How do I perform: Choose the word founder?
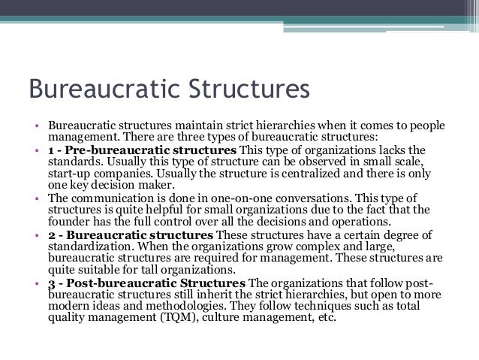coord(70,222)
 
